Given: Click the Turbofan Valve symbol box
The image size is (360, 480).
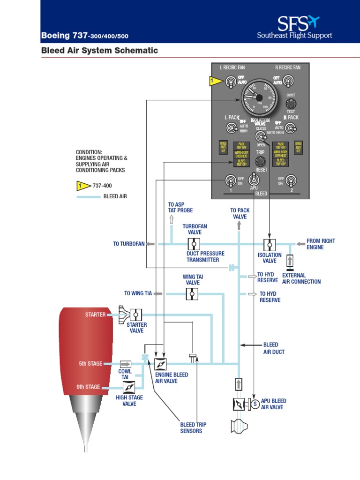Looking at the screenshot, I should (x=194, y=244).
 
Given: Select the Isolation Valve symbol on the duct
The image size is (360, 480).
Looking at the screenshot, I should (x=270, y=245).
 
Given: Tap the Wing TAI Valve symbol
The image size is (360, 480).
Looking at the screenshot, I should (x=192, y=294).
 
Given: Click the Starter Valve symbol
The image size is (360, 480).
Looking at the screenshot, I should (x=136, y=314).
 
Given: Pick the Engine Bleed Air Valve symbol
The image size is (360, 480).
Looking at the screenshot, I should (x=161, y=364).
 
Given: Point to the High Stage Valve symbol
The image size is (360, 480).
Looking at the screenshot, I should (x=129, y=387).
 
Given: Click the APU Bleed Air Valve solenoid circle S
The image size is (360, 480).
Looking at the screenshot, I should (x=255, y=404).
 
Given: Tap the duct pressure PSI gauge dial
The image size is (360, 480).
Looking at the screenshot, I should (x=259, y=97).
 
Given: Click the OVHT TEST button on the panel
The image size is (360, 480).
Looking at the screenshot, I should (x=291, y=104).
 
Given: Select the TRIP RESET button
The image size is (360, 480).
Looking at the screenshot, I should (x=261, y=161).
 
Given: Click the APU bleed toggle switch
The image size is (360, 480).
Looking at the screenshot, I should (x=254, y=179).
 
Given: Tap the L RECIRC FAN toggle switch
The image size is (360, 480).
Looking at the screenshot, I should (x=230, y=82).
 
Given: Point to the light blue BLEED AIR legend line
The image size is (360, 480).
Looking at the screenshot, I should (x=89, y=197).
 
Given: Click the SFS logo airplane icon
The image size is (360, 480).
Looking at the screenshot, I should (x=311, y=22).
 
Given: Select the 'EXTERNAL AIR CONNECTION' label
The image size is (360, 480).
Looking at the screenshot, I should (x=301, y=278).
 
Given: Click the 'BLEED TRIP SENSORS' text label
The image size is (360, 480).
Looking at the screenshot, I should (x=193, y=427).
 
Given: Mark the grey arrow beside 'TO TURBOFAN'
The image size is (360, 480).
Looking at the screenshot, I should (x=151, y=244).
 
